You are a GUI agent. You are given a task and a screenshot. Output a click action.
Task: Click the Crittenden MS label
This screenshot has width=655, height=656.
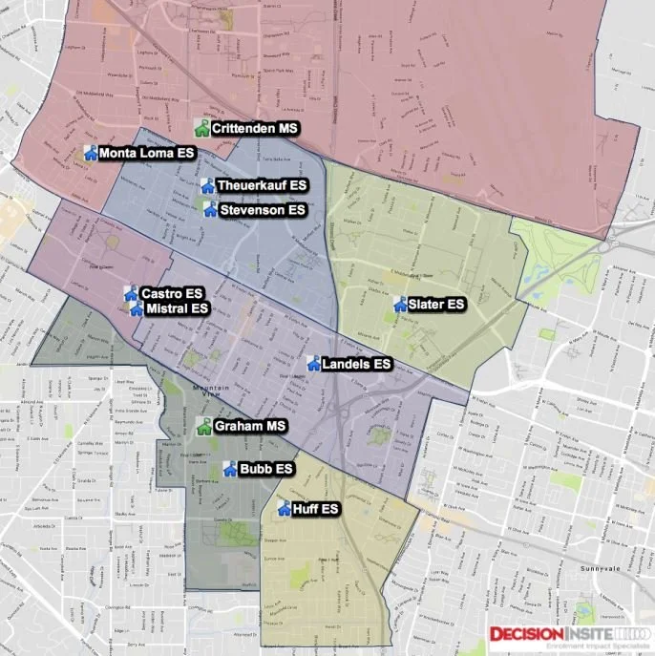tap(256, 128)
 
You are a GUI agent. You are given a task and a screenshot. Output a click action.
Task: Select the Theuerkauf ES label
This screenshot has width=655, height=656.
tap(262, 185)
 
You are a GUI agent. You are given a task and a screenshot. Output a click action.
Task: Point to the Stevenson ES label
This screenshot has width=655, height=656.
tap(262, 209)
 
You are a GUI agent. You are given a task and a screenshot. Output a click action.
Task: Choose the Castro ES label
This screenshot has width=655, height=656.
tap(172, 293)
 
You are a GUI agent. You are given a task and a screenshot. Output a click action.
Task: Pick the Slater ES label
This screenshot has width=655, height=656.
tap(436, 305)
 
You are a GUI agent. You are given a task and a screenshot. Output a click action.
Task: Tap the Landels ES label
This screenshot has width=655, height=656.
tap(356, 364)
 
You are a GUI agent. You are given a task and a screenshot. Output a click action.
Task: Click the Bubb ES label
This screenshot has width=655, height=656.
tap(265, 469)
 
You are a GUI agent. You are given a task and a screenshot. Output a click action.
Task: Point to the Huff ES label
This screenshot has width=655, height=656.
tap(316, 509)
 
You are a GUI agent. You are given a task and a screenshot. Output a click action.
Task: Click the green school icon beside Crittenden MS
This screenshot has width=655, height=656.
tap(201, 127)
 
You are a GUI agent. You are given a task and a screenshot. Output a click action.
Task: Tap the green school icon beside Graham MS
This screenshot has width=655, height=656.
tap(202, 426)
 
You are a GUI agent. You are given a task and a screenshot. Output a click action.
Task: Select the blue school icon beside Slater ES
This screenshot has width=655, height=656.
tap(399, 305)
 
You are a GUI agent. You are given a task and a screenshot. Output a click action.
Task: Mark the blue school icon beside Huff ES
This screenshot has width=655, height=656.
tap(284, 508)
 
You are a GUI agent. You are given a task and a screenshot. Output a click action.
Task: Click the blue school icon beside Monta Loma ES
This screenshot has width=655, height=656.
tap(91, 152)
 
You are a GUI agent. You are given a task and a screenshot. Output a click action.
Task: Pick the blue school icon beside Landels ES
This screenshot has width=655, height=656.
tap(312, 363)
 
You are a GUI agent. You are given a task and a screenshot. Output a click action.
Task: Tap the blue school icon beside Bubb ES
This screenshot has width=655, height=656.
tap(229, 468)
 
